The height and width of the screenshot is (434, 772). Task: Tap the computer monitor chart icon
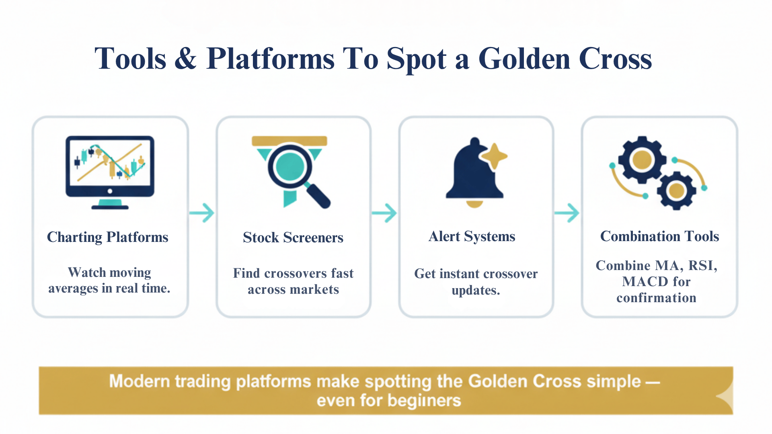pyautogui.click(x=110, y=171)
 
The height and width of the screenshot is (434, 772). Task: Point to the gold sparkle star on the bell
pyautogui.click(x=494, y=156)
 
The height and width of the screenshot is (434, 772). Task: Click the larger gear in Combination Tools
pyautogui.click(x=642, y=160)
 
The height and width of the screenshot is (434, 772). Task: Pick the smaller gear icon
pyautogui.click(x=676, y=191)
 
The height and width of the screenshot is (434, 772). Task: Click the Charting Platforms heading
pyautogui.click(x=107, y=237)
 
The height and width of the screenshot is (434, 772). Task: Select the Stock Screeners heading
pyautogui.click(x=293, y=237)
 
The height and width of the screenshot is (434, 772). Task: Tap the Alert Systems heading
pyautogui.click(x=472, y=236)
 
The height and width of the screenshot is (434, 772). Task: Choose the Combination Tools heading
pyautogui.click(x=659, y=236)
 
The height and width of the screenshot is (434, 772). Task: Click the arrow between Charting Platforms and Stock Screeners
pyautogui.click(x=202, y=213)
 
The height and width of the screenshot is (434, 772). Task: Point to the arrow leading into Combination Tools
pyautogui.click(x=567, y=213)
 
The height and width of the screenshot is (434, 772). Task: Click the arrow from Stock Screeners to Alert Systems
pyautogui.click(x=384, y=213)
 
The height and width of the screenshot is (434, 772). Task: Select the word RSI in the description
pyautogui.click(x=702, y=266)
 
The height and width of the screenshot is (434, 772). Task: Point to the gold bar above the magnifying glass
pyautogui.click(x=289, y=141)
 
